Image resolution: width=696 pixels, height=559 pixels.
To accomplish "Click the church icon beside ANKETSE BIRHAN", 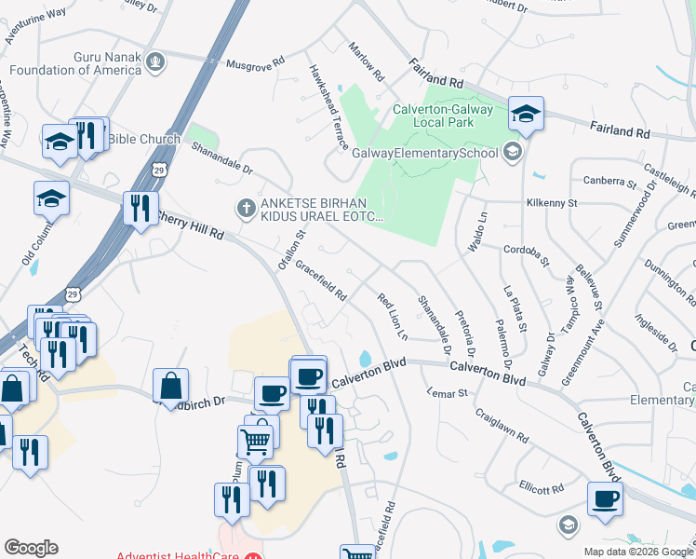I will click(x=246, y=208).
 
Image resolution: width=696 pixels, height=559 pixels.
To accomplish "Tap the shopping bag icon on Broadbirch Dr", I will click(x=171, y=385).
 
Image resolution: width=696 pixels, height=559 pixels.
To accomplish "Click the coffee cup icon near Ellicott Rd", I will click(x=605, y=498).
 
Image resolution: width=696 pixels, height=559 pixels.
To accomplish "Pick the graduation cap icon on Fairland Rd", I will click(x=527, y=114).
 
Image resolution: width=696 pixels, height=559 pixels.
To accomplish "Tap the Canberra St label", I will click(x=609, y=182).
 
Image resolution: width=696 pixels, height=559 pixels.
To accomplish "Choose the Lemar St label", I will click(x=448, y=394).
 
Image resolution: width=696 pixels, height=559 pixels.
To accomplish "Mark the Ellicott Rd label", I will click(x=542, y=488).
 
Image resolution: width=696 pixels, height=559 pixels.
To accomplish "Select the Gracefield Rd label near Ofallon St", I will click(x=321, y=280).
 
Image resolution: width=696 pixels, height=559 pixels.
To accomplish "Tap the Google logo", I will click(x=31, y=548).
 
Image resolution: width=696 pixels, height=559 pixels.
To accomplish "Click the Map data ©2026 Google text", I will click(x=637, y=552).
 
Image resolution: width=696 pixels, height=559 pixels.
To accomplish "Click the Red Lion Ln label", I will click(x=395, y=317).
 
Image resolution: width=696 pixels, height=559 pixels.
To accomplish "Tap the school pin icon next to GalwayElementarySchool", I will click(x=513, y=151).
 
